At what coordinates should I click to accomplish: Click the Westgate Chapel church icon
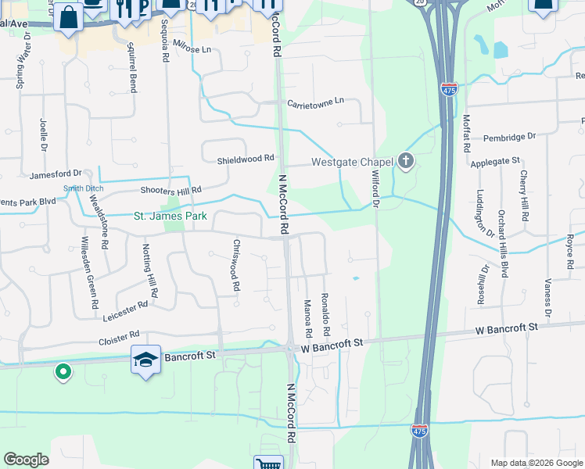point(405,162)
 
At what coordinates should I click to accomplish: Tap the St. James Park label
point(170,216)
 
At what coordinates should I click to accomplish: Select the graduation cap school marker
point(146,360)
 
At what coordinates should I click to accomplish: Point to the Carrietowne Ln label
point(315,102)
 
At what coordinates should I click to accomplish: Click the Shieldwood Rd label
point(246,158)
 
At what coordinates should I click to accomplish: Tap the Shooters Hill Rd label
point(170,190)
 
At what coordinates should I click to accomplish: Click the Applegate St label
point(495,161)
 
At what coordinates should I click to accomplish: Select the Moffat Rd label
point(466,133)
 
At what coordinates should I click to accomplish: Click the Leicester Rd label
point(125,310)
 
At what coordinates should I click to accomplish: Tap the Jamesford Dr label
point(56,174)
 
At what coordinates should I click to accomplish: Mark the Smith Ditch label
point(84,188)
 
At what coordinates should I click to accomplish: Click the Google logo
point(26,460)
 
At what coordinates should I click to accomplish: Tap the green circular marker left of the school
point(63,371)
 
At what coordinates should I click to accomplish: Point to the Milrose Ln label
point(192,48)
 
